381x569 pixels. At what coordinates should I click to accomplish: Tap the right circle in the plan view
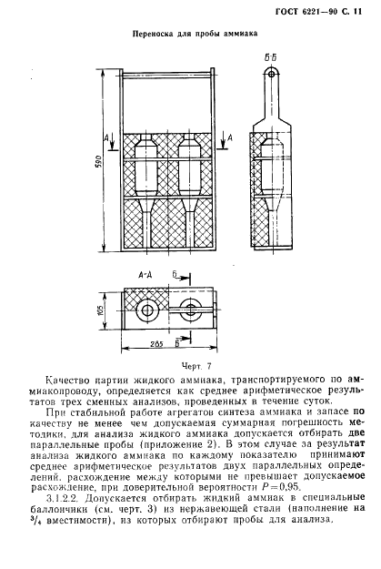[191, 310]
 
